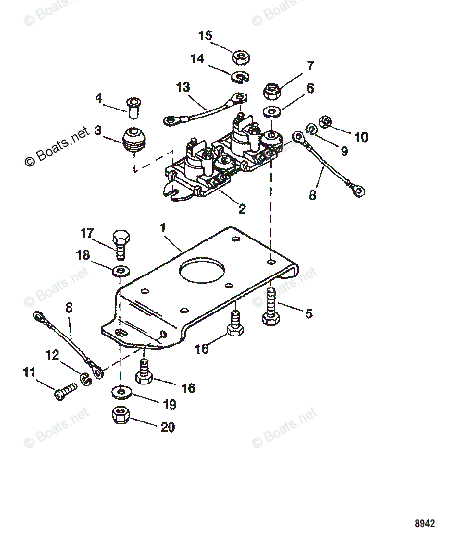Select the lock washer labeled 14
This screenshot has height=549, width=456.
tap(240, 77)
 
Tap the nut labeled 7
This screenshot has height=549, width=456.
tap(271, 91)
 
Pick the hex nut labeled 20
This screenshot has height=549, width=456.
tap(121, 415)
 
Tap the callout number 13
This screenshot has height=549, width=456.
tap(183, 88)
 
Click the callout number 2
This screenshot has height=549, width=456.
tap(242, 209)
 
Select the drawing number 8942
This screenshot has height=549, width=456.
tap(425, 524)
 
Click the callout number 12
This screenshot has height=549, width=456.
tap(53, 355)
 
